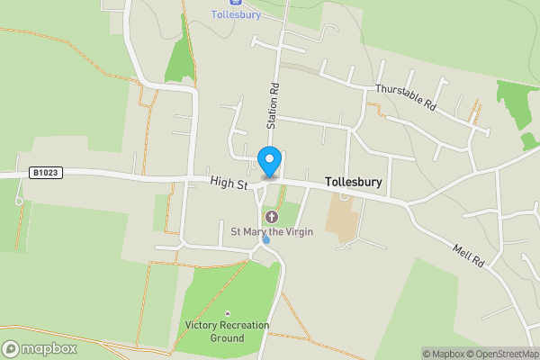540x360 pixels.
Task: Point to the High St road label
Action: click(x=229, y=184)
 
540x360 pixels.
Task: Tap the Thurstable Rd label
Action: click(x=405, y=97)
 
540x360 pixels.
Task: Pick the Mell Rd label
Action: click(x=468, y=255)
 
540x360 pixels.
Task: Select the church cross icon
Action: click(x=272, y=217)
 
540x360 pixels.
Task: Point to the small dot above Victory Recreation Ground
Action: click(x=228, y=313)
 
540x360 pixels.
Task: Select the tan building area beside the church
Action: click(x=341, y=218)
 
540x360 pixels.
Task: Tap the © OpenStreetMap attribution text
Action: click(x=501, y=354)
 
